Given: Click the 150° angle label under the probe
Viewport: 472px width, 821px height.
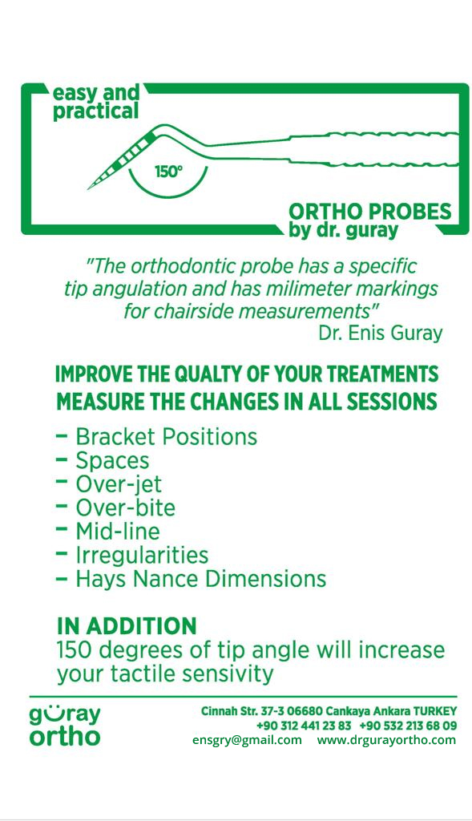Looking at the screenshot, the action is pos(168,172).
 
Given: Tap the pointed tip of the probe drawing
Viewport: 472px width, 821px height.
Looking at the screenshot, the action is pos(88,188).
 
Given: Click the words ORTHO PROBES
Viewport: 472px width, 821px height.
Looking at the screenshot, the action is pos(369,212).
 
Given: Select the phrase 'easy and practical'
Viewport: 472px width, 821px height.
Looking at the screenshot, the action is pos(96,102).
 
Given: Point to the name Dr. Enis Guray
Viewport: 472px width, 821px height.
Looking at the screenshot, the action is pos(381,333).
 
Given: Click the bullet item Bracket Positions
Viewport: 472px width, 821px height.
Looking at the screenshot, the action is pos(167,437).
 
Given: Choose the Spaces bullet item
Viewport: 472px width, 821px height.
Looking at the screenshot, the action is pos(112,461).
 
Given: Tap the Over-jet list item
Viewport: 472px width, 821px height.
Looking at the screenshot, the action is pos(119,484).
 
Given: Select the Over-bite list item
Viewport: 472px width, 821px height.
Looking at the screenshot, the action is pos(126,508).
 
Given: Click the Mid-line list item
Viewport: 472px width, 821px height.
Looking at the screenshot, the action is pos(118,532).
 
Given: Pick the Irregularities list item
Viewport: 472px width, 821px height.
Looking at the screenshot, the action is pos(142,555).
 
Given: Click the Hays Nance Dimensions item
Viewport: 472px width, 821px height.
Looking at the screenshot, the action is pos(201,579).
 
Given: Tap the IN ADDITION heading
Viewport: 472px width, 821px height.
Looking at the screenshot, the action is pos(127,626).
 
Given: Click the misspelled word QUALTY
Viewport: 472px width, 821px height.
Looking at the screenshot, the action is pos(209,375).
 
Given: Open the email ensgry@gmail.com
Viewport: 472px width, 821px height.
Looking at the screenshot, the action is pos(247,740).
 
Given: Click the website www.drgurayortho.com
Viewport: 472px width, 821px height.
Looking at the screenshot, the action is pos(387,740).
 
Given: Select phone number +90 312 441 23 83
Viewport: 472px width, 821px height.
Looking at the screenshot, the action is pos(304,726).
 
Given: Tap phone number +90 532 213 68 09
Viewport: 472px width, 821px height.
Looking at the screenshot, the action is pos(408,726).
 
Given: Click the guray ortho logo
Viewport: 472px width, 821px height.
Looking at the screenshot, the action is pos(65,725).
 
